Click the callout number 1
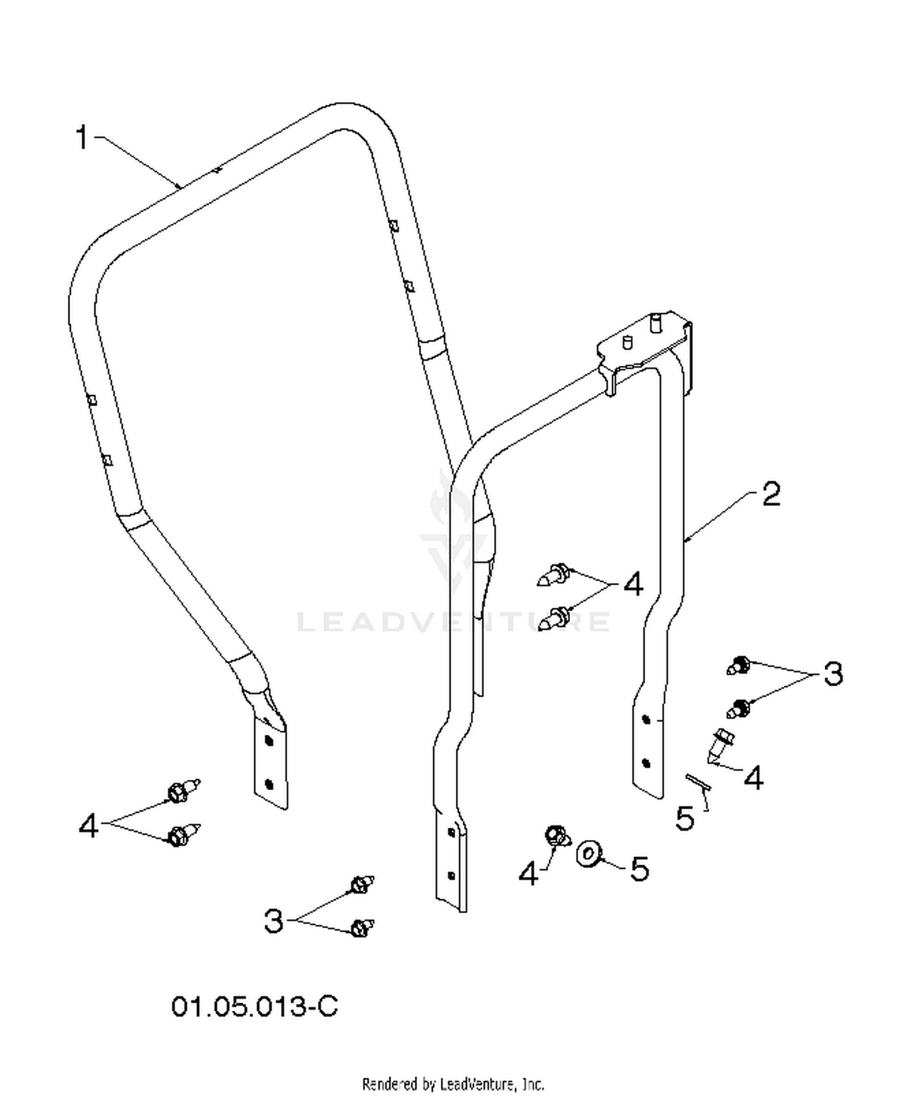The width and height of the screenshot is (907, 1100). coord(83,138)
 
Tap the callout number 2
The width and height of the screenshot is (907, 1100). coord(771,494)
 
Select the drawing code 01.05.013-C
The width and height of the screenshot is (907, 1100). coord(255,1007)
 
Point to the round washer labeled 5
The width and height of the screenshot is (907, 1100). coord(588,853)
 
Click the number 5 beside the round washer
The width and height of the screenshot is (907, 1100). coord(639,869)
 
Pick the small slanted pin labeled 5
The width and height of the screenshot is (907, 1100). coord(698,782)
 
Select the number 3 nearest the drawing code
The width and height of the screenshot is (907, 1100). coord(274,921)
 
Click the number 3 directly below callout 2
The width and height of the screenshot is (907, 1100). coord(833,673)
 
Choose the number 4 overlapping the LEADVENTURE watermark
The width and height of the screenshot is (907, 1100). coord(633,585)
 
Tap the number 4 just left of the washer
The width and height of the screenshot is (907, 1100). coord(529,873)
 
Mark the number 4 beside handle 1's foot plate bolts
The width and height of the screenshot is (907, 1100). coord(89,825)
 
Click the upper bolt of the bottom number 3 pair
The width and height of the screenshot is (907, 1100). coord(362,884)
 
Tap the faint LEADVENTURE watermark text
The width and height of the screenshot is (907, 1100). coord(453,622)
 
